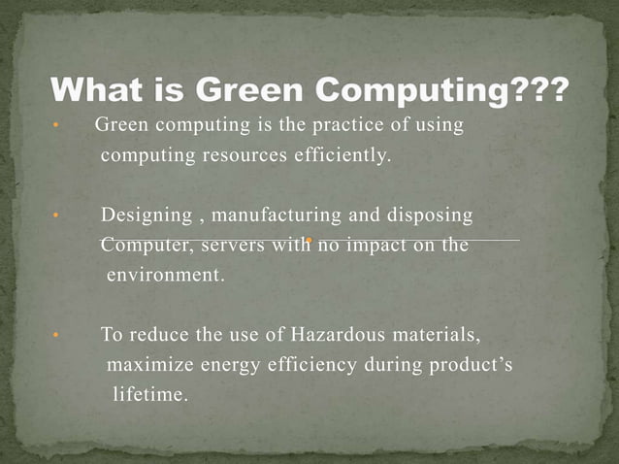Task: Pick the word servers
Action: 232,245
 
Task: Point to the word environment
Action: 165,275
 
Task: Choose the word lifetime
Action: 150,395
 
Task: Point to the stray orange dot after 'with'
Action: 307,240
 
